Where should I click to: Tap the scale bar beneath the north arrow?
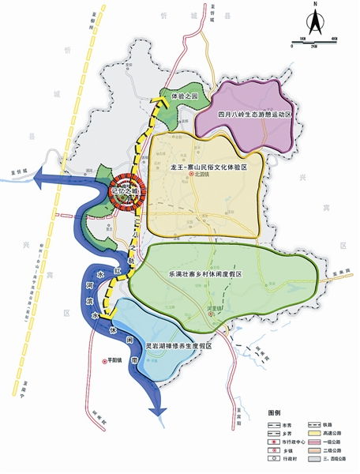point(313,43)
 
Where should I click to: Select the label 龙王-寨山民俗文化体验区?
point(208,168)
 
